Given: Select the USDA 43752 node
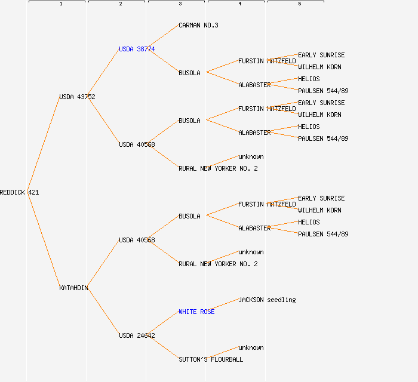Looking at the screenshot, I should tap(77, 97).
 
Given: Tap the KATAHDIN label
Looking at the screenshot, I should tap(73, 288).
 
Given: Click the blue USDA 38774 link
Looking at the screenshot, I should tap(137, 49).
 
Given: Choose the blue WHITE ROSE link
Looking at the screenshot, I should tap(196, 312).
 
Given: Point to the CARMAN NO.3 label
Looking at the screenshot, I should tap(198, 25).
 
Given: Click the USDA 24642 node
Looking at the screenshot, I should tap(137, 335).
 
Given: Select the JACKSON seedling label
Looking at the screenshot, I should tap(267, 300).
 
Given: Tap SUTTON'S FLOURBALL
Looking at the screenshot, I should tap(211, 359).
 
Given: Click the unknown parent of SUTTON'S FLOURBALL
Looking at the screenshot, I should tap(251, 347).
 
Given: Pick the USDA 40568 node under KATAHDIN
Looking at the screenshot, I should tap(137, 240).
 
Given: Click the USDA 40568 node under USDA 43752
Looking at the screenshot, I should tap(137, 144).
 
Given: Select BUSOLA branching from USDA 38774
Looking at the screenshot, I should tap(189, 73).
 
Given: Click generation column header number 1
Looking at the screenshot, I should tap(60, 4).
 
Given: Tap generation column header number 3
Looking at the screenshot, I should tap(180, 4).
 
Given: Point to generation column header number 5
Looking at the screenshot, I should tap(299, 4).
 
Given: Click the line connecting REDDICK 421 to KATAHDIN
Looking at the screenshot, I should tap(44, 240).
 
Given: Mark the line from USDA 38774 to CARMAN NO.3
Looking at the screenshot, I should tap(164, 37).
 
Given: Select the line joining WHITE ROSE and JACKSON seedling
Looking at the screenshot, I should tap(226, 306).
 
